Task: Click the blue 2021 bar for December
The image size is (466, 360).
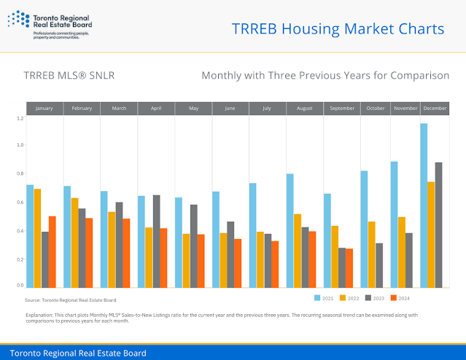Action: (424, 205)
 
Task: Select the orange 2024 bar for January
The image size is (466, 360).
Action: (53, 251)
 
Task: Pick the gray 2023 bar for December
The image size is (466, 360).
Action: (438, 224)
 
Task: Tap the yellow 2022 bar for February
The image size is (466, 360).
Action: (74, 242)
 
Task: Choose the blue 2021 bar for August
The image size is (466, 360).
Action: (290, 230)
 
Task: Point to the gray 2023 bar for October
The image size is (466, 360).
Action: (379, 264)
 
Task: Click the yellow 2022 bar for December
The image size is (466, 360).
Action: (431, 234)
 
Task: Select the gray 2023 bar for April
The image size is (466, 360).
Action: (156, 240)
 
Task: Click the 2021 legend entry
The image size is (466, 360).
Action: (325, 298)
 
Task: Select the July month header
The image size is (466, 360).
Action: (268, 109)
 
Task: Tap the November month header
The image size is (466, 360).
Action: (405, 109)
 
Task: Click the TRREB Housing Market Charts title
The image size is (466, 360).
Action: (337, 29)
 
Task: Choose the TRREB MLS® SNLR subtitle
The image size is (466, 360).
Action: (69, 75)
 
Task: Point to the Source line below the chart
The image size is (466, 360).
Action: (70, 300)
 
